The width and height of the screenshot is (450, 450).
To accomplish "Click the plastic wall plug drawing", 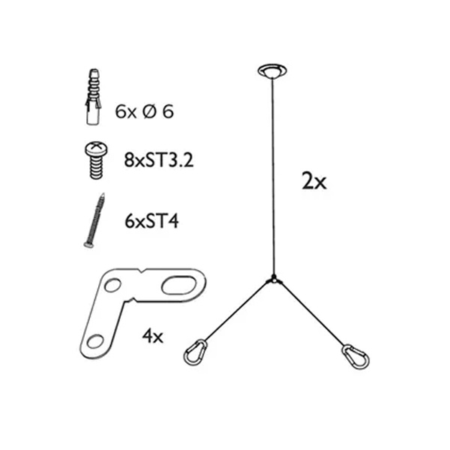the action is coord(93,97).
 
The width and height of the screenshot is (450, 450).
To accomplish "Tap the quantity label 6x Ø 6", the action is coord(144,112).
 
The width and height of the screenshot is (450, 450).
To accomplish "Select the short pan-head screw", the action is coord(97,160).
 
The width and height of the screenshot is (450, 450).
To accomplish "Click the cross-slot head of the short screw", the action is coord(97,148).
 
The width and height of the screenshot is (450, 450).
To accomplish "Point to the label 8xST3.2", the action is coord(159,160).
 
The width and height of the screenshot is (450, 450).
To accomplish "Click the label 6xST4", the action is coord(151,221).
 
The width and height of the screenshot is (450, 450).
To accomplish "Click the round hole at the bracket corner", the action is coord(112,286).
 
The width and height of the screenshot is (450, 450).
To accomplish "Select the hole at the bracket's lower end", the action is coord(95,341).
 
